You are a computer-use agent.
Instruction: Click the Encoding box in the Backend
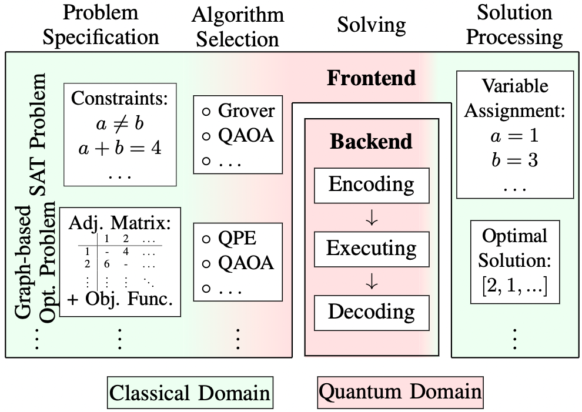tap(372, 185)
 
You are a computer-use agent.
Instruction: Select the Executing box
tap(372, 249)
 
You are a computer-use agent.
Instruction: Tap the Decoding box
tap(372, 313)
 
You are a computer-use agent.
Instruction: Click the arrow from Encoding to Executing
tap(372, 217)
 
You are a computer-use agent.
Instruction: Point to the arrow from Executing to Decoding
tap(372, 282)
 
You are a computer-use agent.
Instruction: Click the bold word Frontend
tap(371, 78)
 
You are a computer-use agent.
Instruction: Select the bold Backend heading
tap(371, 142)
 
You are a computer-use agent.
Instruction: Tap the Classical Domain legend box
tap(190, 393)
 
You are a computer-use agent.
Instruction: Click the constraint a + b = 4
tap(120, 148)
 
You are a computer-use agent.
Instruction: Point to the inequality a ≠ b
tap(120, 123)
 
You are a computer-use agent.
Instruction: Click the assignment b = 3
tap(514, 160)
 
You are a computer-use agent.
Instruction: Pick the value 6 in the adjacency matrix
tap(106, 264)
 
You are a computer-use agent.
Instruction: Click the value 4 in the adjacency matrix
tap(126, 252)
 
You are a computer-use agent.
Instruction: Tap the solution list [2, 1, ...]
tap(515, 286)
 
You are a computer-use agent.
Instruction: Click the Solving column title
tap(371, 25)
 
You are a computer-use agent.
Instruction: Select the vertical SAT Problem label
tap(38, 135)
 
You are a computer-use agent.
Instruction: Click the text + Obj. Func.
tap(121, 299)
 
